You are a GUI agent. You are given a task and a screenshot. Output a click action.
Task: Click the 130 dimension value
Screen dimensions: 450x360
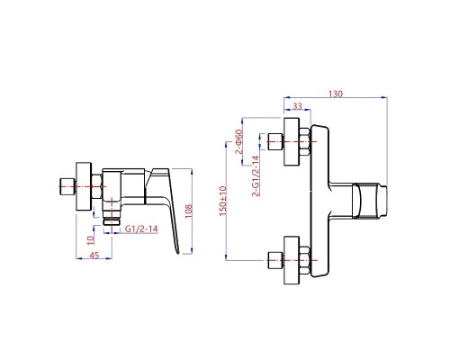[x=335, y=94]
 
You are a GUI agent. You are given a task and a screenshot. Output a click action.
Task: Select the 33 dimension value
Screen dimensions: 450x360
[x=297, y=106]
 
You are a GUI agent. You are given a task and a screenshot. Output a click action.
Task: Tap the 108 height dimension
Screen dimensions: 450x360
[x=188, y=211]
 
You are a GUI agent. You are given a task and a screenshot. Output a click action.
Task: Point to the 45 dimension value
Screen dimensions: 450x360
[x=94, y=256]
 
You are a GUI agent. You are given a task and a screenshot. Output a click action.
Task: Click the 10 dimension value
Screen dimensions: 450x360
[x=91, y=239]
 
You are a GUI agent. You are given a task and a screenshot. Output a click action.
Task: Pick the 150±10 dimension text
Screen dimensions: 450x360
[x=223, y=201]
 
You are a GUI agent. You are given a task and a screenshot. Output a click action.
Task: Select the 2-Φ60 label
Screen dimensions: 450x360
[x=238, y=141]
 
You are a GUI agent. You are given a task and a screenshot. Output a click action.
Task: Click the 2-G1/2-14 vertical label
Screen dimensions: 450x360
[x=256, y=175]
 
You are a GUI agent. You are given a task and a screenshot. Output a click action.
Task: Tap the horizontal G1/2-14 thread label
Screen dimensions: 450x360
[x=141, y=229]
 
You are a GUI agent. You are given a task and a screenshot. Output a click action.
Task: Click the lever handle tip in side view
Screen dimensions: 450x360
[x=177, y=252]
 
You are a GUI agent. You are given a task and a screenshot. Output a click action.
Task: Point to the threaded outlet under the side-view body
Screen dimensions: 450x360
[x=112, y=218]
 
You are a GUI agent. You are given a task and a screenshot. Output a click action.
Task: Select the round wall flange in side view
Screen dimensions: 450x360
[x=84, y=186]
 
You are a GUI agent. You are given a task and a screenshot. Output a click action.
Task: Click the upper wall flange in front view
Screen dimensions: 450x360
[x=292, y=141]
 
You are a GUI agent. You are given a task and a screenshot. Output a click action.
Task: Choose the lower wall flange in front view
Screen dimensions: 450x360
[x=292, y=260]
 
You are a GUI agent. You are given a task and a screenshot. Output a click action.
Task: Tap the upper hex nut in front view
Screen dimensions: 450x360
[x=304, y=141]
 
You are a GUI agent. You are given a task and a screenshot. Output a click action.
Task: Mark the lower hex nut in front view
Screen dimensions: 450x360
[x=304, y=260]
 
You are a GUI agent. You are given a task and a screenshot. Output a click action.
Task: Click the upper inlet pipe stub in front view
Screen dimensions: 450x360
[x=275, y=141]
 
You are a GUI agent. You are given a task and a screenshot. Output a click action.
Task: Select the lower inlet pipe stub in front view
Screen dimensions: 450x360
[x=275, y=260]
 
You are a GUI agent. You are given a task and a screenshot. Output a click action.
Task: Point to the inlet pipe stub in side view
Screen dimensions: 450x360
[x=67, y=186]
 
